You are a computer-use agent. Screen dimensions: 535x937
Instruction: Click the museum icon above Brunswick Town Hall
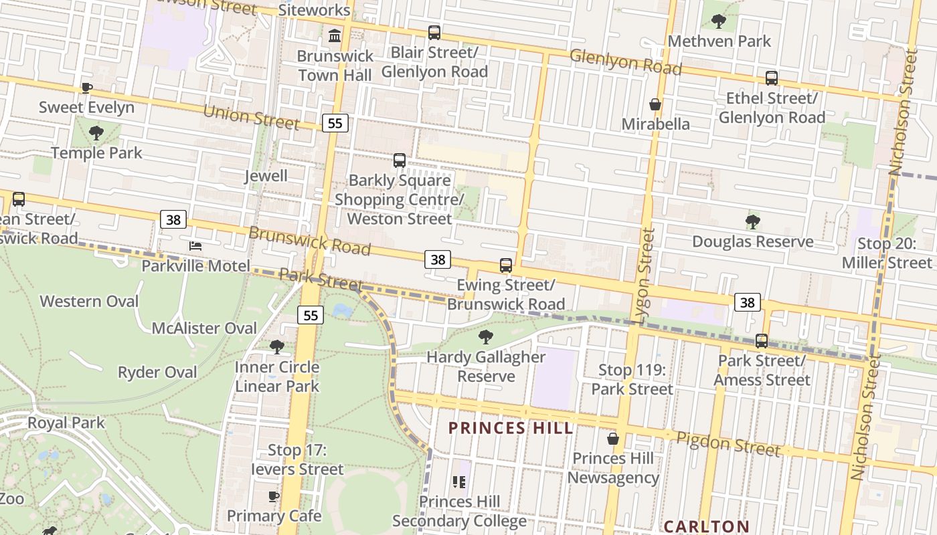(335, 35)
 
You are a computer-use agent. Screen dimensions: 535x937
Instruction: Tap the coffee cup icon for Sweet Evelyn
(86, 88)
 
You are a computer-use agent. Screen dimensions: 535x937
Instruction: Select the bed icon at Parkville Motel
(195, 246)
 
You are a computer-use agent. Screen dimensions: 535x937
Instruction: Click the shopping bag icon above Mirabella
(655, 104)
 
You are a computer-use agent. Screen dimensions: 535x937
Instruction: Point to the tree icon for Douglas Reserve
(753, 221)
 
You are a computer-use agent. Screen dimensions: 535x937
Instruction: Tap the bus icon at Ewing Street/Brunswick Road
(506, 265)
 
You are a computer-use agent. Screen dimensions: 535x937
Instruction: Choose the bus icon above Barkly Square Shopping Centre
(400, 160)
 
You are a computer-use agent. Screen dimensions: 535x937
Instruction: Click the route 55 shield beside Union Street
(335, 123)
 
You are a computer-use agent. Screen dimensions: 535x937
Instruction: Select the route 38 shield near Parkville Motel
(173, 219)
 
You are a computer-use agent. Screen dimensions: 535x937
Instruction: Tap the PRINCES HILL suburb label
(511, 428)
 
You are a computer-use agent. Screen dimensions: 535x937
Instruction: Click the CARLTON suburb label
(706, 526)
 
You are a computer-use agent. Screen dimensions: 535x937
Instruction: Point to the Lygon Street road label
(648, 276)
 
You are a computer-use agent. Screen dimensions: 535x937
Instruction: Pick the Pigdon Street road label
(728, 444)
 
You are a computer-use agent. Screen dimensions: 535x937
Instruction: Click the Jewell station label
(266, 176)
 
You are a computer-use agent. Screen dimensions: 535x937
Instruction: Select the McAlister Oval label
(204, 328)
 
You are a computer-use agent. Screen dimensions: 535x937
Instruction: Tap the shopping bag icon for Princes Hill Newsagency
(612, 439)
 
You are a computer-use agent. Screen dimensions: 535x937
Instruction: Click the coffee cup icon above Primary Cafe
(273, 496)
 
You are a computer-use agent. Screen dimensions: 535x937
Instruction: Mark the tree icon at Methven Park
(719, 21)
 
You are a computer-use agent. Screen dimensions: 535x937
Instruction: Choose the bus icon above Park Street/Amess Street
(761, 341)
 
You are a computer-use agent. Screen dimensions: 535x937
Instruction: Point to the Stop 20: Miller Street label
(887, 253)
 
